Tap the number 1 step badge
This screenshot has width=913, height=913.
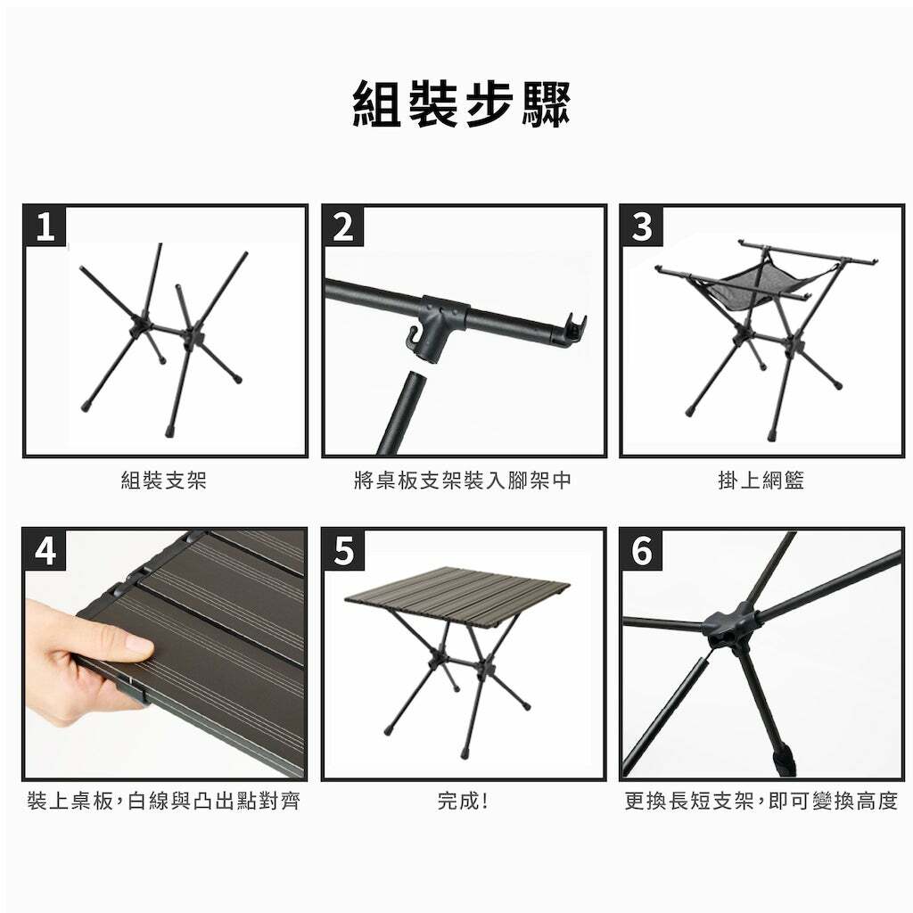point(45,226)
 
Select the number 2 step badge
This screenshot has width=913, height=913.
point(343,226)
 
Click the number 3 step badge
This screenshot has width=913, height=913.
point(641,226)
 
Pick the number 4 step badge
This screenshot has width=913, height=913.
point(45,549)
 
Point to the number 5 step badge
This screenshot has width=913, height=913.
point(343,549)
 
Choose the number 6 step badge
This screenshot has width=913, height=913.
point(642,549)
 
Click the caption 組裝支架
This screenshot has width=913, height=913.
point(164,481)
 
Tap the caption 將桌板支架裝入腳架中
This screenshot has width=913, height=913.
point(463,481)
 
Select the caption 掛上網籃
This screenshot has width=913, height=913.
point(761,481)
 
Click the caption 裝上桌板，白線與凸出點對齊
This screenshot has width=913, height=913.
point(164,802)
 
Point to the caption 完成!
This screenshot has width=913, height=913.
point(463,802)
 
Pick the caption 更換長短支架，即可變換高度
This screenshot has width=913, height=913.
point(761,802)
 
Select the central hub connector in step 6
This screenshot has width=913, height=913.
point(731,627)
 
